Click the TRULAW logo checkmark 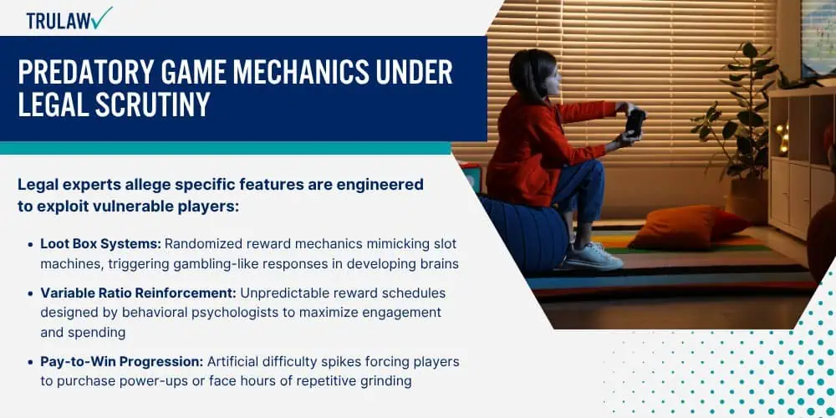(102, 18)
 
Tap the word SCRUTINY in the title (152, 104)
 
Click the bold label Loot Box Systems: (101, 243)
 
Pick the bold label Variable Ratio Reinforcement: (139, 293)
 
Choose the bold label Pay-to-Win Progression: (122, 361)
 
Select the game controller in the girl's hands (635, 120)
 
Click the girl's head (532, 72)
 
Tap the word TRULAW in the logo (59, 20)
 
